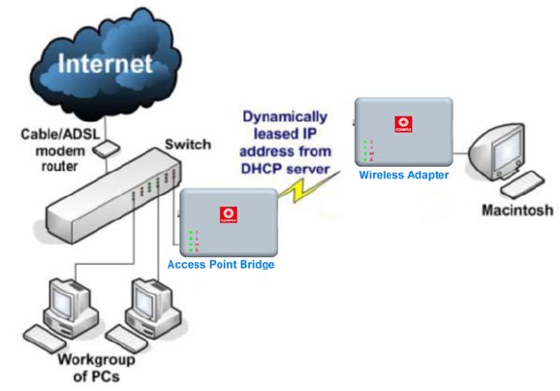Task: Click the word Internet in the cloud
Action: tap(106, 64)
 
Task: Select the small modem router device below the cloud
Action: tap(106, 148)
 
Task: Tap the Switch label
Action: tap(188, 145)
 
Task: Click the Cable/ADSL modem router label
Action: tap(60, 150)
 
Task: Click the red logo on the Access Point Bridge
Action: tap(229, 214)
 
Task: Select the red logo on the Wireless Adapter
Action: tap(403, 124)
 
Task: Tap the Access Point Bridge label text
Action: tap(221, 265)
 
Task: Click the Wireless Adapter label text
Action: tap(404, 175)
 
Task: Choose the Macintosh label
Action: tap(517, 210)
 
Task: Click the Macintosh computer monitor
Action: tap(499, 151)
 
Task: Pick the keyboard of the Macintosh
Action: tap(522, 184)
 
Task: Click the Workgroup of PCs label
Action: tap(97, 368)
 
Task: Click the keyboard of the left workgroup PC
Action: tap(45, 339)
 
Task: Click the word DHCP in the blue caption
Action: tap(263, 169)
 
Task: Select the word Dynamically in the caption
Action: tap(285, 117)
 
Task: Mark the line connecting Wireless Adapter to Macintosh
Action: tap(461, 153)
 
